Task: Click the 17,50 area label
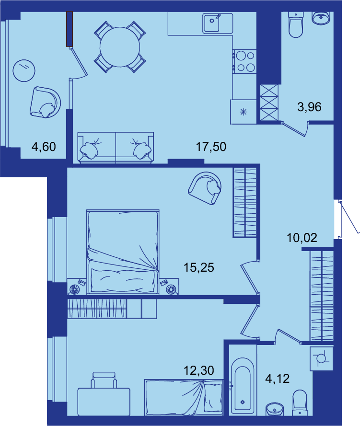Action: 211,147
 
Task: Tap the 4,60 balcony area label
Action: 44,147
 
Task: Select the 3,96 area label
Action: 309,107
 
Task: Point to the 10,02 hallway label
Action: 302,238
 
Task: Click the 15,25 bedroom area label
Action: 199,267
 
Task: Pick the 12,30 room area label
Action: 199,370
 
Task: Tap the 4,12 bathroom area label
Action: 278,379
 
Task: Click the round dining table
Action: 120,47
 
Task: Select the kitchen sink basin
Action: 212,23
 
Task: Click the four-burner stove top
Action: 244,61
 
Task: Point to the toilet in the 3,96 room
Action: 296,24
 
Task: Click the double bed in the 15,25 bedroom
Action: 123,252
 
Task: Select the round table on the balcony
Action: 24,70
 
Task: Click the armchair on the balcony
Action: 46,103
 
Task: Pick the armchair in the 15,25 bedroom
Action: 205,188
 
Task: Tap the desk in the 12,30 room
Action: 104,402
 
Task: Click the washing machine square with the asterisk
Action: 244,112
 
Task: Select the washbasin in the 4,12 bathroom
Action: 275,409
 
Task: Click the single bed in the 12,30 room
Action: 184,397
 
